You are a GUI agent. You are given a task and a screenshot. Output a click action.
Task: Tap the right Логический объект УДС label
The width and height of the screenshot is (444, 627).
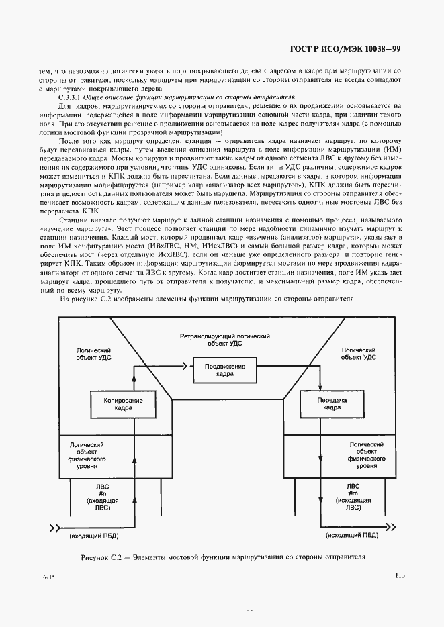click(358, 354)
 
